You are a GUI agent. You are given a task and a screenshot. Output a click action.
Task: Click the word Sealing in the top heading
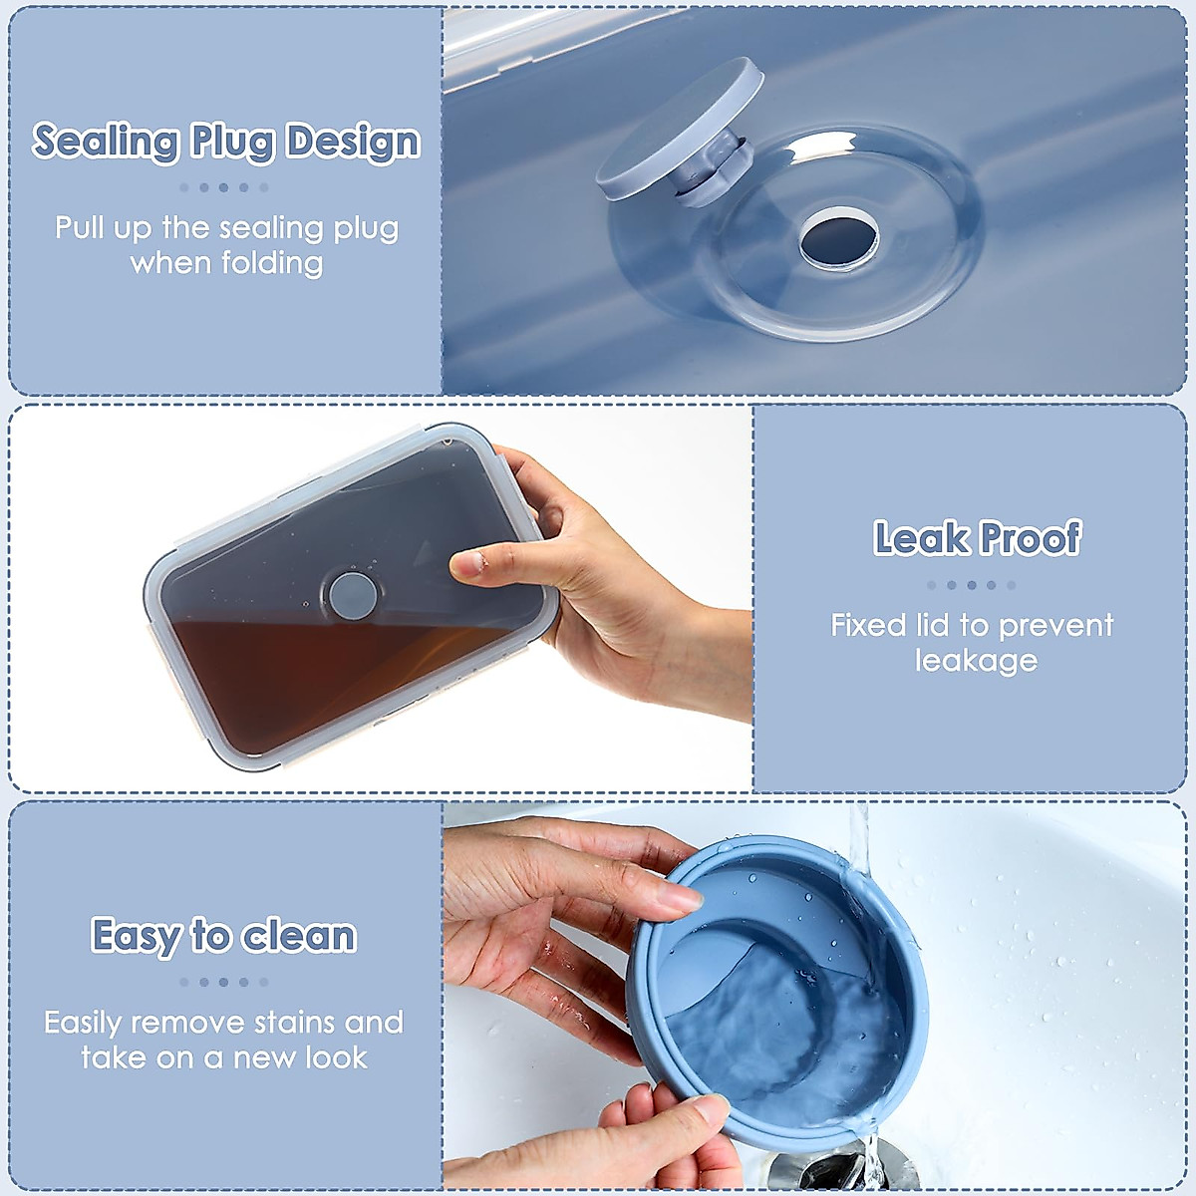105,142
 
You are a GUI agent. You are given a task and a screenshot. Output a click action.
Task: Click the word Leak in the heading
921,538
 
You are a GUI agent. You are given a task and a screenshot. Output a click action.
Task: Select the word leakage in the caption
976,661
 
